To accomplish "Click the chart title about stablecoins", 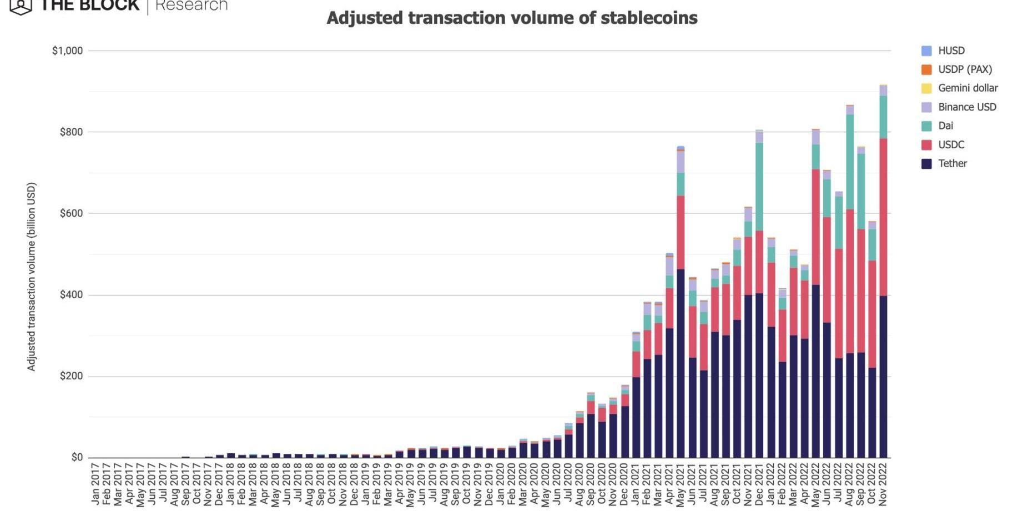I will pyautogui.click(x=512, y=18).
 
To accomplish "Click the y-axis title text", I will pyautogui.click(x=32, y=277).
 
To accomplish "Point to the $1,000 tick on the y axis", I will pyautogui.click(x=67, y=51).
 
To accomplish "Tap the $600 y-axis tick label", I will pyautogui.click(x=71, y=213).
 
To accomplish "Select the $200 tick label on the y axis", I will pyautogui.click(x=71, y=376).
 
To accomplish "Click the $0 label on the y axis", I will pyautogui.click(x=77, y=457).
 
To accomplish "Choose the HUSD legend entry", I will pyautogui.click(x=951, y=51).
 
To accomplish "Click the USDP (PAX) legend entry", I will pyautogui.click(x=965, y=69).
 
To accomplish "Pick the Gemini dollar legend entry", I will pyautogui.click(x=967, y=88).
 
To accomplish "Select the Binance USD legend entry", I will pyautogui.click(x=967, y=107).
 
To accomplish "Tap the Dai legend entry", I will pyautogui.click(x=945, y=126).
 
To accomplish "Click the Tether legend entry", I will pyautogui.click(x=952, y=163).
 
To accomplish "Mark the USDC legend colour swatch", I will pyautogui.click(x=926, y=145).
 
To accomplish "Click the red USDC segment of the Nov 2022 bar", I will pyautogui.click(x=883, y=217).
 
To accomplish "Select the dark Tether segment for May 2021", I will pyautogui.click(x=681, y=361).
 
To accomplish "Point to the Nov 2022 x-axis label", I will pyautogui.click(x=883, y=484).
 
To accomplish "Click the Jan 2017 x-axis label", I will pyautogui.click(x=95, y=484).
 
